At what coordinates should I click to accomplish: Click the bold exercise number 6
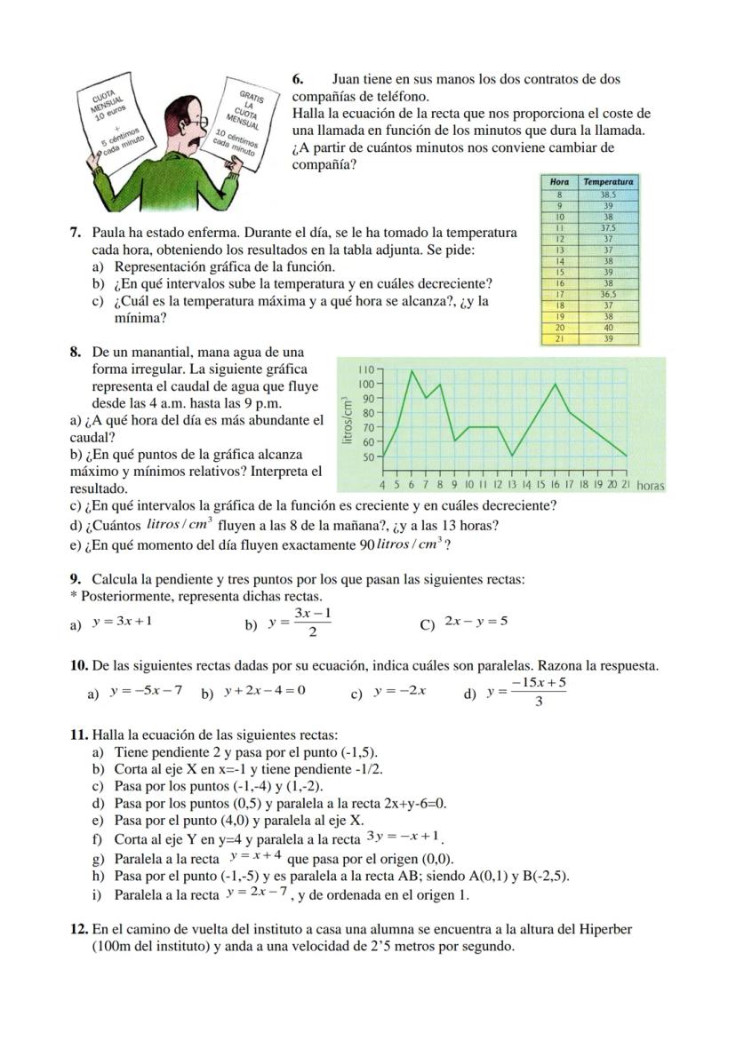point(298,80)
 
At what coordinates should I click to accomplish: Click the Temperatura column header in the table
point(608,181)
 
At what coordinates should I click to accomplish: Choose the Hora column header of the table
point(560,181)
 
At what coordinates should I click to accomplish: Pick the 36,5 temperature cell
point(608,294)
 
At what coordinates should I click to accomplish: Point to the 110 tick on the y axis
point(366,369)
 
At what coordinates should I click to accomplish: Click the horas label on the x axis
point(651,486)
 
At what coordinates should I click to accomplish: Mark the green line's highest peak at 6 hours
point(412,370)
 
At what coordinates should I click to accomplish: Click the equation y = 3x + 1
point(122,621)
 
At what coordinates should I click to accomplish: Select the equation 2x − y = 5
point(476,621)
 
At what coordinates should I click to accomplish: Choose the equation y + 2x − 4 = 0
point(264,691)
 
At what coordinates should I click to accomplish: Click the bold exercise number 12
point(79,929)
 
